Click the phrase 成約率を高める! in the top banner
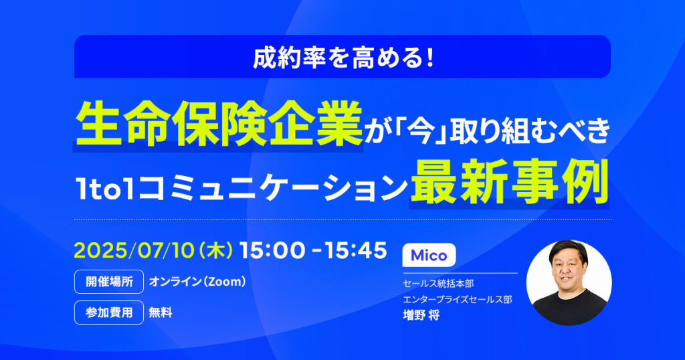click(343, 58)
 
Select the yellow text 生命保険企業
click(219, 124)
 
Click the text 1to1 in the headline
click(105, 188)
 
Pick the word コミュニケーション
click(272, 188)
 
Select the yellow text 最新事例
click(509, 182)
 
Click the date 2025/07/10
click(134, 250)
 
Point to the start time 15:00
click(272, 250)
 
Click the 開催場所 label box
click(109, 282)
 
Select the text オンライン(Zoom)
click(197, 282)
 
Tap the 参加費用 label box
click(109, 312)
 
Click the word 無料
click(161, 312)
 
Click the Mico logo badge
click(429, 255)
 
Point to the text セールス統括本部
click(438, 284)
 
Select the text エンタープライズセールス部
click(458, 299)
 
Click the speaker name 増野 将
click(421, 315)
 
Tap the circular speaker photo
click(569, 282)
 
